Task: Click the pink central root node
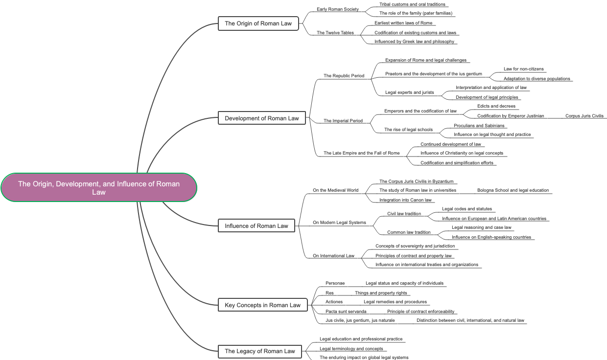[x=99, y=187]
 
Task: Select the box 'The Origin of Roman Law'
[x=258, y=23]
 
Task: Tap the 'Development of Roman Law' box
[x=262, y=118]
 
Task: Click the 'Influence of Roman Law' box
[x=257, y=226]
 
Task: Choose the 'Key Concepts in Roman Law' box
[x=263, y=305]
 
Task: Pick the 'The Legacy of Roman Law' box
[x=260, y=351]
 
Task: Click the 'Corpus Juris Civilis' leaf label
[x=584, y=116]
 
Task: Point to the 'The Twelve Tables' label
[x=335, y=33]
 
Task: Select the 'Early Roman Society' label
[x=338, y=9]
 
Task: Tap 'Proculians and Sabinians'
[x=479, y=126]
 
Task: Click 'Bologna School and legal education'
[x=513, y=190]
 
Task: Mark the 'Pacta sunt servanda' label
[x=346, y=312]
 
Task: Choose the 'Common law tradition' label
[x=409, y=232]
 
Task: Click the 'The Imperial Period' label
[x=343, y=121]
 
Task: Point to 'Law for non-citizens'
[x=523, y=69]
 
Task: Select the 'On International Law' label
[x=333, y=256]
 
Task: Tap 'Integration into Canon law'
[x=405, y=200]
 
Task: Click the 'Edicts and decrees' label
[x=496, y=106]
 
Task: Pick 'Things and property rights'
[x=381, y=293]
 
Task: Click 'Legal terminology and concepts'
[x=351, y=349]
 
